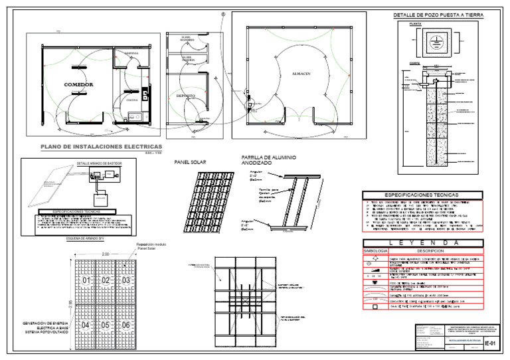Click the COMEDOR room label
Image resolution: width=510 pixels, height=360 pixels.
coord(78,85)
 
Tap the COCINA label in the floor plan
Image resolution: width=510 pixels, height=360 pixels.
coord(131,100)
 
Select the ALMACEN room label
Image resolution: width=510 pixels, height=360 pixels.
coord(301,73)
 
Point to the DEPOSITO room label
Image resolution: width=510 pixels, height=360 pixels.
coord(185,96)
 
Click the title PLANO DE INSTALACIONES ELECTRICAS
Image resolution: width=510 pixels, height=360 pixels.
coord(101,146)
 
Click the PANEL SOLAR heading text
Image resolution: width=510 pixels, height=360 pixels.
coord(190,162)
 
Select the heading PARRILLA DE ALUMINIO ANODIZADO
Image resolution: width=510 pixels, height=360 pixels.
coord(270,160)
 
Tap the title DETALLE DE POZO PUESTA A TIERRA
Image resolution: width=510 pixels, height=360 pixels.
coord(438,15)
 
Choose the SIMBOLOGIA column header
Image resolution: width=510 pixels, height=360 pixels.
coord(375,251)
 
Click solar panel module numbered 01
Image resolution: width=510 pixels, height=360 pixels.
coord(86,280)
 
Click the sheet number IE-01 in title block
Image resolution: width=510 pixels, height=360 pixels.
coord(490,343)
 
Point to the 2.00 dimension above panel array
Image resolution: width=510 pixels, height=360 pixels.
coord(106,254)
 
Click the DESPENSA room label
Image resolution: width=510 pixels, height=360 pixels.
coord(131,53)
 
